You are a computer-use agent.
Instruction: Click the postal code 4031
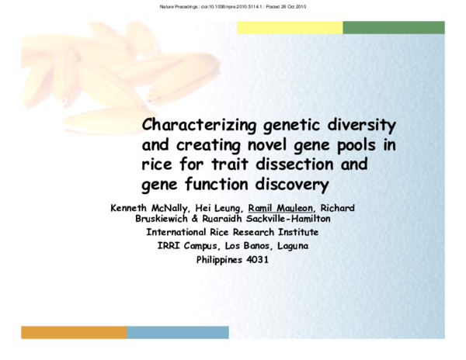point(257,259)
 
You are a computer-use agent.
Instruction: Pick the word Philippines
point(221,259)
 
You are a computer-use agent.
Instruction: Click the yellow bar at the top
point(290,27)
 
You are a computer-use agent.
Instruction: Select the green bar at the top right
point(394,27)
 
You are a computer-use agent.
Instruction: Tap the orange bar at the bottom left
point(74,333)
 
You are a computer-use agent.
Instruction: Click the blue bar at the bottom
point(178,333)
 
